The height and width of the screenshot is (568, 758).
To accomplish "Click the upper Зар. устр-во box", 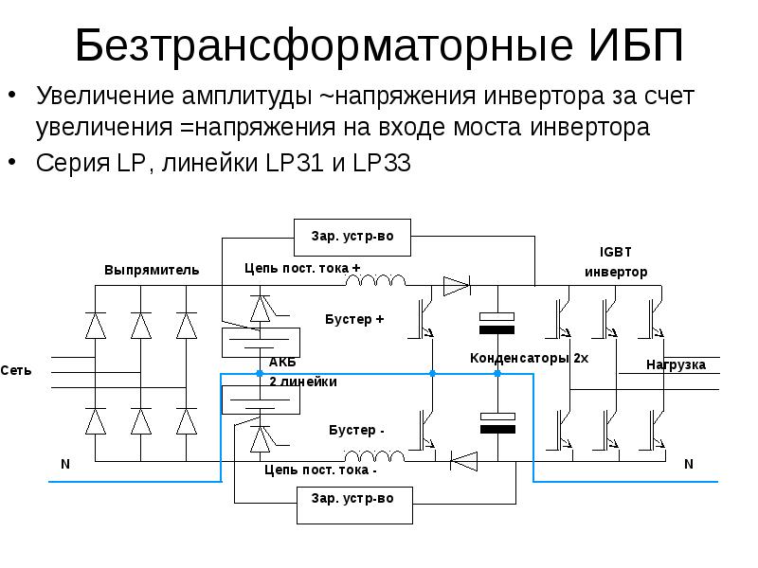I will [x=352, y=237].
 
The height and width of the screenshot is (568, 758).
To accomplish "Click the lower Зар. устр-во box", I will [x=352, y=498].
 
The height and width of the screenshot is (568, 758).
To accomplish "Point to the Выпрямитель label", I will [x=152, y=270].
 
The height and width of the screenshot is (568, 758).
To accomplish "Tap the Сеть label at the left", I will [x=16, y=370].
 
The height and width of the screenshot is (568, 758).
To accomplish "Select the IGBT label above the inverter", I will [x=615, y=253].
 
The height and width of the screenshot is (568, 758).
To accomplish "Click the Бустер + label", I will [x=354, y=319].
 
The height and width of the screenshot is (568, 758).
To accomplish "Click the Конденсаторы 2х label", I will [x=530, y=359].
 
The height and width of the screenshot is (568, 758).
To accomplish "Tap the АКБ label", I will [x=282, y=363].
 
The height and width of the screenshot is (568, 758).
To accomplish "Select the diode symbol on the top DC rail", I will [x=456, y=284].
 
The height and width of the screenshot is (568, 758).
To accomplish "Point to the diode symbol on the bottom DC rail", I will [x=463, y=461].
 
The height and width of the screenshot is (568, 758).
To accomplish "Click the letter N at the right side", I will [x=689, y=464].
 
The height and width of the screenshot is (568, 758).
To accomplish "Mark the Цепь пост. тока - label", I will [x=320, y=470].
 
